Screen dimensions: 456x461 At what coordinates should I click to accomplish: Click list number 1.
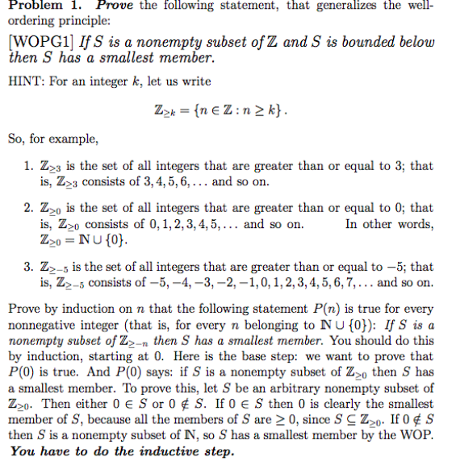pyautogui.click(x=27, y=167)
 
